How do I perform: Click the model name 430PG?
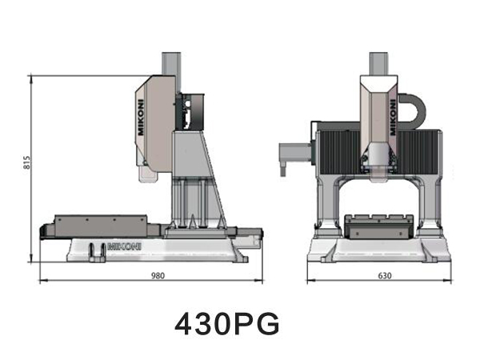click(228, 324)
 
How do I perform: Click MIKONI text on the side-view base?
click(125, 247)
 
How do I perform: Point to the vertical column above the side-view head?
click(171, 64)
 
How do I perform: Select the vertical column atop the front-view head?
click(380, 64)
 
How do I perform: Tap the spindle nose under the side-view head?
click(149, 171)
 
